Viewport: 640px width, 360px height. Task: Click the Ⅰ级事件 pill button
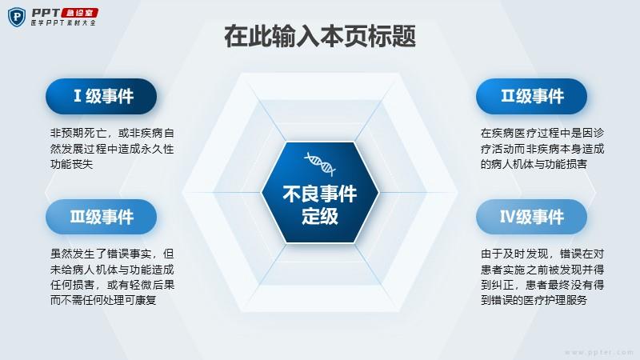[102, 96]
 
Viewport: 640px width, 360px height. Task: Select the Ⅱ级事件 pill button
[531, 96]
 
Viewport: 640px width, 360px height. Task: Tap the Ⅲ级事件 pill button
[102, 217]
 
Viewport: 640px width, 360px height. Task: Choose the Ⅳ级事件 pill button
[531, 217]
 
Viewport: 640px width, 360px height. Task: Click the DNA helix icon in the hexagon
[320, 164]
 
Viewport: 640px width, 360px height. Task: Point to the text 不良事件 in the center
[320, 194]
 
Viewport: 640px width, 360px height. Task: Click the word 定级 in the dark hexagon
[320, 216]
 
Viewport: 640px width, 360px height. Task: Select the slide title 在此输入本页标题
[320, 36]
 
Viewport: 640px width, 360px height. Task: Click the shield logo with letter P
[17, 17]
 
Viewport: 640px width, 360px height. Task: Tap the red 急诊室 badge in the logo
[79, 13]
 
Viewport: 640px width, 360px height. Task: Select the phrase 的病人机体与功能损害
[534, 164]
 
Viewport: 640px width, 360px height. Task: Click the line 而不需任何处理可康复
[103, 301]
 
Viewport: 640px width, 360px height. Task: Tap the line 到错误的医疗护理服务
[534, 301]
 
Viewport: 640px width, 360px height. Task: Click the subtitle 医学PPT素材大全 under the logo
[63, 23]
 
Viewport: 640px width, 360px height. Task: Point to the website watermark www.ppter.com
[598, 352]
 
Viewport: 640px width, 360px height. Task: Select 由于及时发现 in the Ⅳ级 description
[514, 254]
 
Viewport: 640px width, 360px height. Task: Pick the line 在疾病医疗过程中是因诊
[542, 133]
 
